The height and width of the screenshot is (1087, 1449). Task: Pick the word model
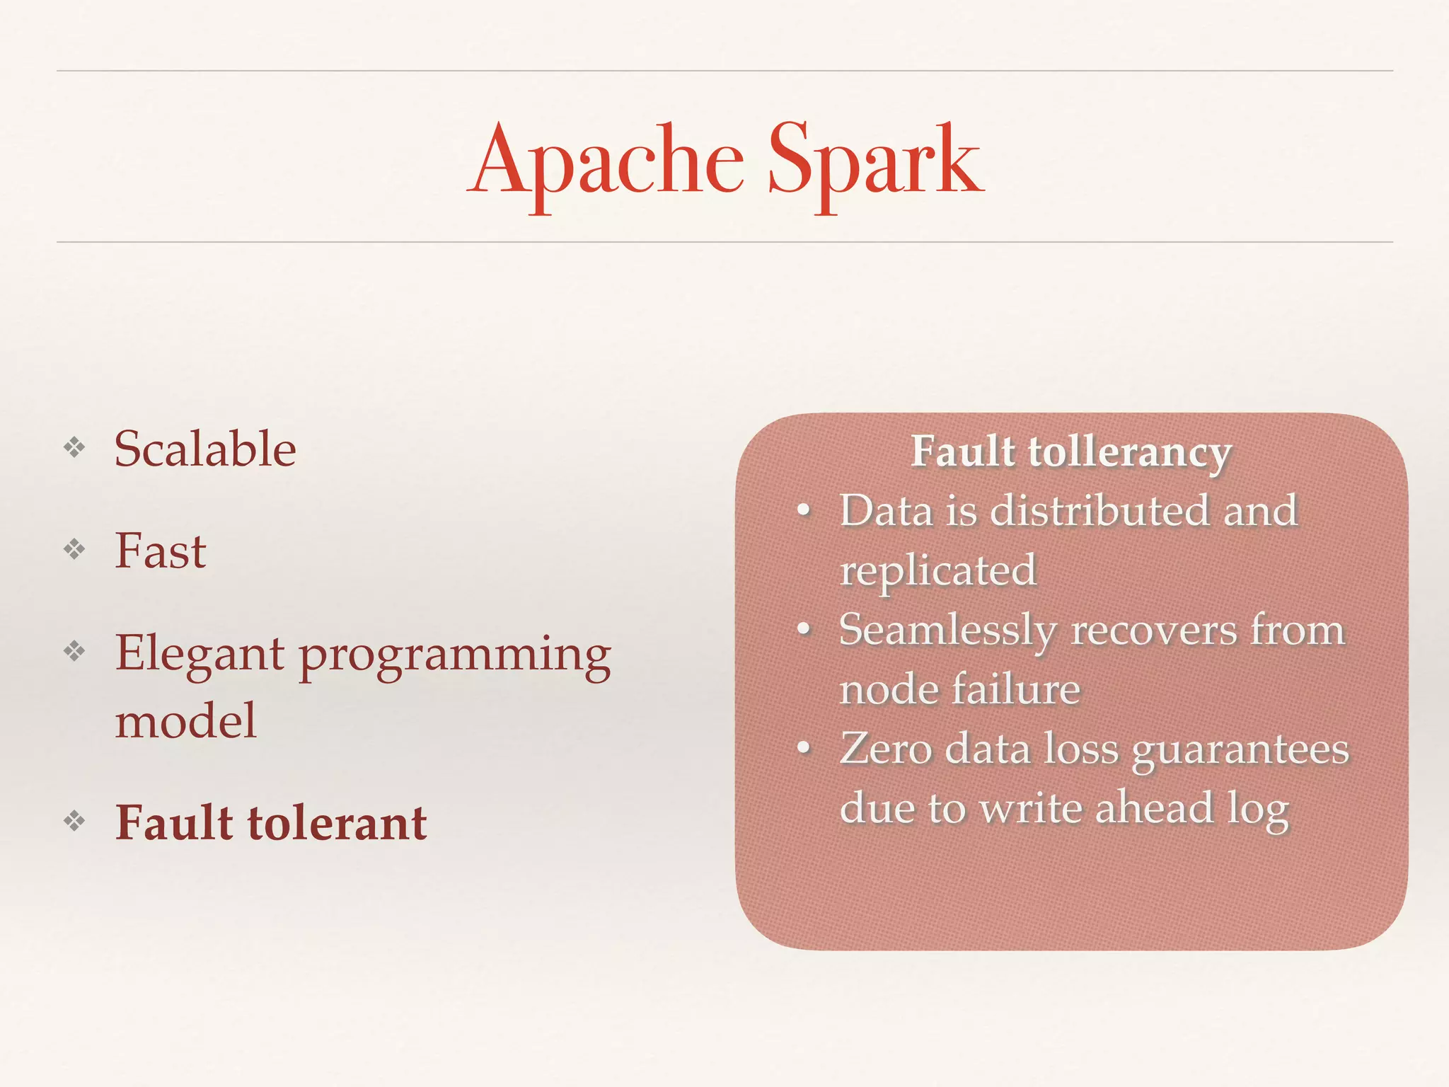click(185, 720)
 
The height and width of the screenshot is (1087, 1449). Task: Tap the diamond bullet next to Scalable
click(74, 447)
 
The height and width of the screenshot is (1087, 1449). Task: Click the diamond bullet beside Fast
click(74, 548)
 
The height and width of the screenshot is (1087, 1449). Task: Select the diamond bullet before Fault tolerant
click(74, 821)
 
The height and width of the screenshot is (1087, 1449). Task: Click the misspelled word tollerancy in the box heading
click(1130, 452)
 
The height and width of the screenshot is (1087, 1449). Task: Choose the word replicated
click(938, 570)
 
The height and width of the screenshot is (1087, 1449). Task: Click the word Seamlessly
click(948, 630)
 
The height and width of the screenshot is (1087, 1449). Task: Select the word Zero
click(886, 748)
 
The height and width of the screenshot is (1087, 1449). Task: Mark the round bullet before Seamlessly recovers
click(803, 628)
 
